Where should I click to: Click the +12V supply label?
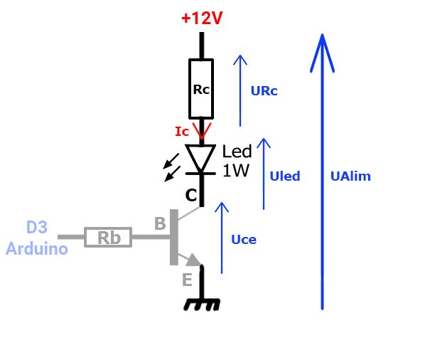(x=202, y=18)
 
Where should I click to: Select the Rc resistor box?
(x=201, y=90)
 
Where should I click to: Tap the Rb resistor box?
(x=109, y=238)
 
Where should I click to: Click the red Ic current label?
(x=183, y=132)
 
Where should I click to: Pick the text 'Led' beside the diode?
(x=237, y=152)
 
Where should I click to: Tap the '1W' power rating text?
(x=235, y=171)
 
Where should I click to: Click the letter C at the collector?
(x=190, y=195)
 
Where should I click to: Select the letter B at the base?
(x=161, y=223)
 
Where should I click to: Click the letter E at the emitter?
(x=187, y=280)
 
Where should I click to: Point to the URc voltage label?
(x=264, y=91)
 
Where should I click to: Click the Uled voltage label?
(x=285, y=176)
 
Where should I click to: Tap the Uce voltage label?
(x=244, y=240)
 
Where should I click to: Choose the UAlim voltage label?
(x=350, y=176)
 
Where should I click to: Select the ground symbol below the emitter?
(x=202, y=302)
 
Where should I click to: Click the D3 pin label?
(x=37, y=228)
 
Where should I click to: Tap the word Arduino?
(x=37, y=249)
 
